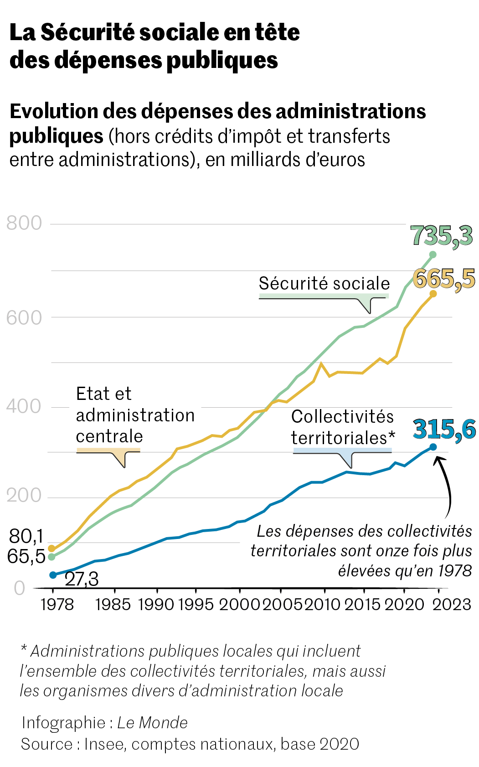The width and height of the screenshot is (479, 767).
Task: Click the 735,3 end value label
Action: pos(441,236)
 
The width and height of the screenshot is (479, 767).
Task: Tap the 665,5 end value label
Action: pos(443,279)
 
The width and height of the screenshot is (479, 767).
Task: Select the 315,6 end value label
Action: pos(444,429)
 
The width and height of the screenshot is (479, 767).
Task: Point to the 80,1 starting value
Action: pos(26,536)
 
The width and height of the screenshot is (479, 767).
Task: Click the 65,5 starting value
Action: pos(26,556)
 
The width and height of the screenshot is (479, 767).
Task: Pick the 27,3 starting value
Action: pos(82,579)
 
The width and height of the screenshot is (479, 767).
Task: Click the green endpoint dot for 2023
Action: pos(433,254)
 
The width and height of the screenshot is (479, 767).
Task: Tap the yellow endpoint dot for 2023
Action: pos(433,294)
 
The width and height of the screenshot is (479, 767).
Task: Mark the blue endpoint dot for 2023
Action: pos(433,447)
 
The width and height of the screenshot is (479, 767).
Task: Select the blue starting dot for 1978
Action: pos(53,575)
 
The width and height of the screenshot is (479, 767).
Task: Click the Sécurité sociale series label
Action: pos(324,283)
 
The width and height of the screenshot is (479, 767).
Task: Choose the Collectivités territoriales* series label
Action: pos(343,427)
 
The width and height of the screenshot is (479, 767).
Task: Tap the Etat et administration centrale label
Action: pos(135,415)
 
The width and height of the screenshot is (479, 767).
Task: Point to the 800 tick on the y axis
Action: pos(24,223)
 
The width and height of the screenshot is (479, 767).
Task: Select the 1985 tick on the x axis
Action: pos(113,604)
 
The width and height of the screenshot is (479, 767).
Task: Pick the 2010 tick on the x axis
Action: pos(322,604)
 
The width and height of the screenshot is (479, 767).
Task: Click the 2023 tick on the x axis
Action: pos(451,604)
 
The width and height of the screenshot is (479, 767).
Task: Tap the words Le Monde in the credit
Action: pos(152,723)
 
